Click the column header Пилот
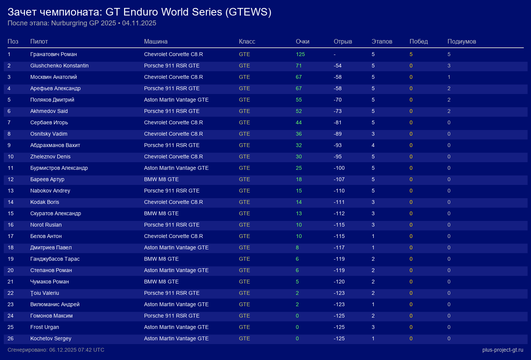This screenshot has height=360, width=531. [x=39, y=41]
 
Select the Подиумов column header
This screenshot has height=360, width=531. [x=462, y=41]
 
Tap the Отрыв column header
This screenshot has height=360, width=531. [x=343, y=41]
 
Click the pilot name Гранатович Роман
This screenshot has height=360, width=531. [x=53, y=54]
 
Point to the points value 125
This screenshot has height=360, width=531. [x=300, y=54]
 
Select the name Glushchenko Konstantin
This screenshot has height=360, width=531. [x=60, y=66]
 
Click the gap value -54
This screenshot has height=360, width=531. [x=338, y=66]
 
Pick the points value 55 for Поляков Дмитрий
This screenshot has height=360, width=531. [x=299, y=100]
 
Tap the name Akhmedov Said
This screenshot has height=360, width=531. [x=49, y=111]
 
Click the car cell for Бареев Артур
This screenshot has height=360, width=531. [x=161, y=179]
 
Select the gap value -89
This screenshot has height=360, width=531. [x=338, y=134]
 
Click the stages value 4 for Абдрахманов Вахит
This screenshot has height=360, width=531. [x=373, y=145]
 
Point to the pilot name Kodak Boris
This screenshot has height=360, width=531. [x=45, y=202]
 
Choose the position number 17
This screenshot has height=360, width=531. [x=11, y=236]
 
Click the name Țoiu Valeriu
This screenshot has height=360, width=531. [x=45, y=293]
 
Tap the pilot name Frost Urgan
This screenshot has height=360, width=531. [x=45, y=327]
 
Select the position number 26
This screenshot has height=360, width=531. [x=11, y=338]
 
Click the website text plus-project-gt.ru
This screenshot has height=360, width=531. [x=503, y=350]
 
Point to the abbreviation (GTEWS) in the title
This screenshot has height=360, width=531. [x=248, y=12]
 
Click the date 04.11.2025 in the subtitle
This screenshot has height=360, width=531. [x=139, y=23]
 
